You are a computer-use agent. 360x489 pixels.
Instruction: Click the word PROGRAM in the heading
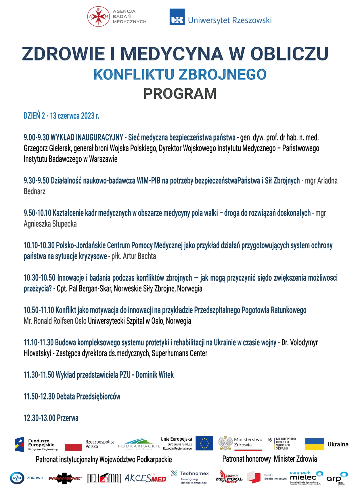coord(180,94)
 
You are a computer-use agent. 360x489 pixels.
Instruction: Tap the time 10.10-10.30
coord(39,246)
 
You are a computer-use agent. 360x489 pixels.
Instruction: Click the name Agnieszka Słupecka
coord(50,224)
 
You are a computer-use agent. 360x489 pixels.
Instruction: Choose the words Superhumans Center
coord(179,353)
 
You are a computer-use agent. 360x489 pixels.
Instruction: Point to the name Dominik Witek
coord(155,375)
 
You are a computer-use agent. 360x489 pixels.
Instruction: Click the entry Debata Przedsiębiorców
coord(88,397)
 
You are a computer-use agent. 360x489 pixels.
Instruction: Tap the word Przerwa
coord(68,418)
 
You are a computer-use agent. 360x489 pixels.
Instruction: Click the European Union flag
coord(204,443)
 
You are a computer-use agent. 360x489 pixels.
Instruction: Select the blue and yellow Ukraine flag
coord(315,444)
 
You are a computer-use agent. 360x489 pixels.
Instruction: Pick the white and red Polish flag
coord(74,444)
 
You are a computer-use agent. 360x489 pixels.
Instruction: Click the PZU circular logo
coord(17,478)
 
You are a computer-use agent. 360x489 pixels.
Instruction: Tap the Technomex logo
coord(190,477)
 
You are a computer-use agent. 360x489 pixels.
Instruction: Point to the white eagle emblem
coord(226,443)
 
